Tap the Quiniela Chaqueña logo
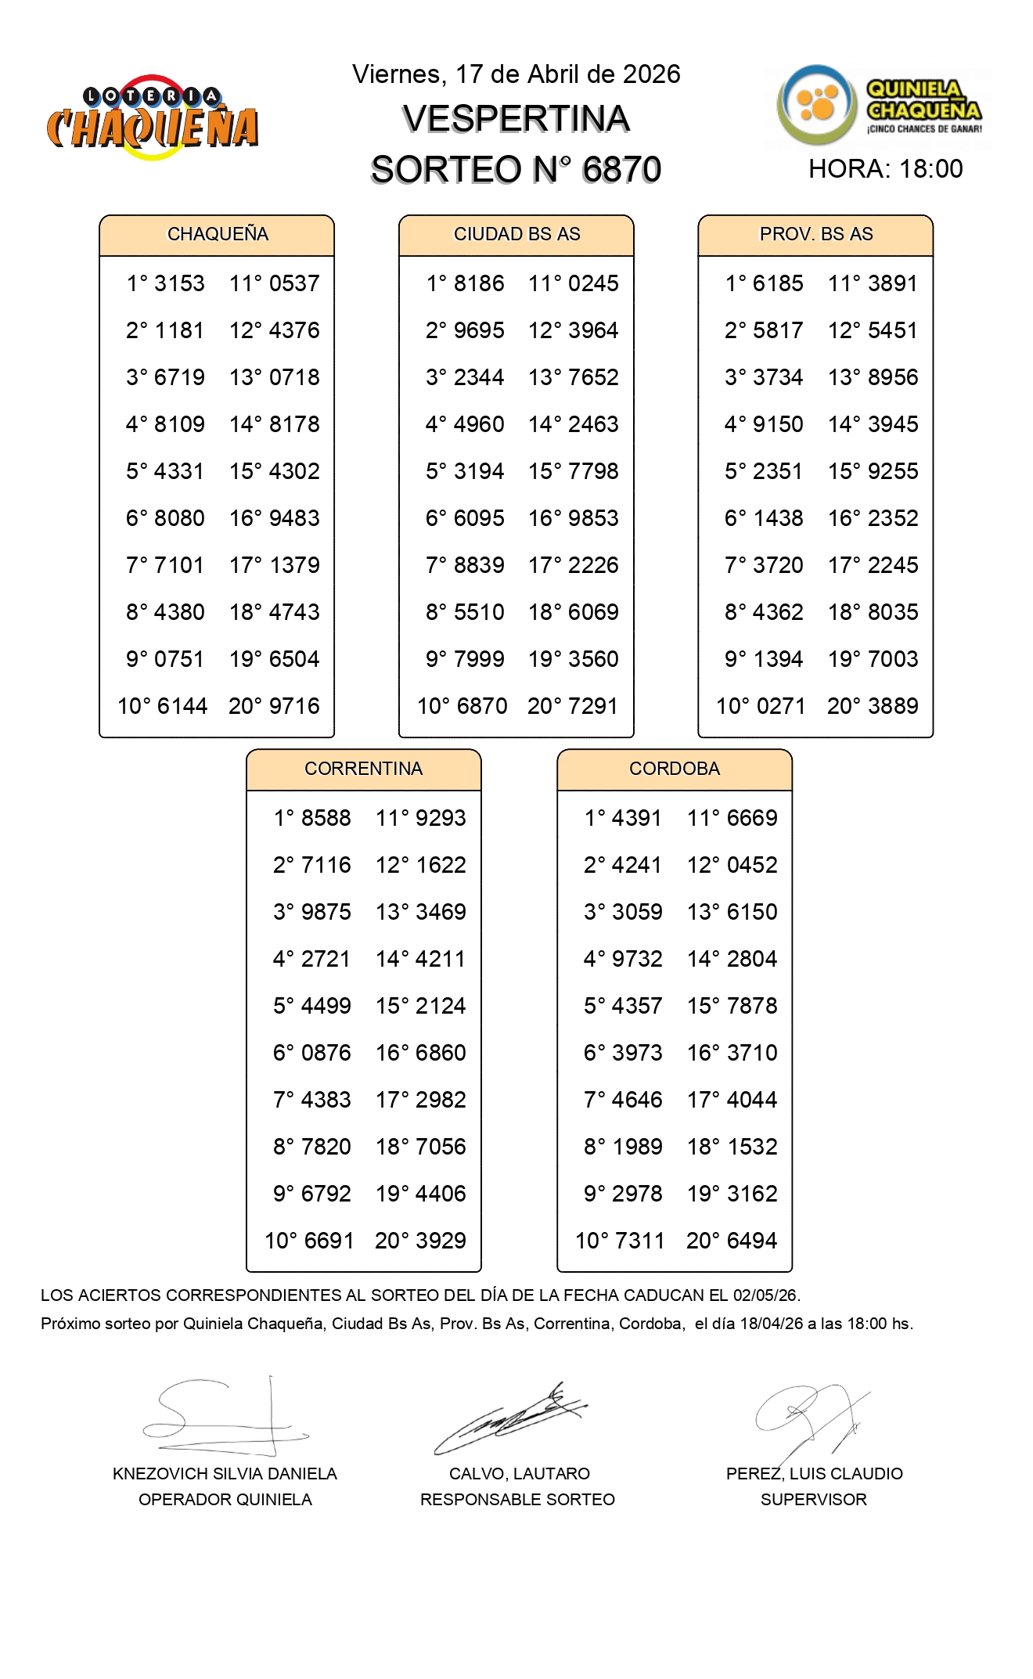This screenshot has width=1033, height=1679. click(x=879, y=106)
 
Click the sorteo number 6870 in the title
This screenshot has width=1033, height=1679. click(x=621, y=170)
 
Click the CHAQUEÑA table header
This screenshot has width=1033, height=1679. click(x=218, y=234)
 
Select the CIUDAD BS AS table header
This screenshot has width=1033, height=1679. click(x=516, y=234)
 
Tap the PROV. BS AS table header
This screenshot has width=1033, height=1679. click(x=815, y=234)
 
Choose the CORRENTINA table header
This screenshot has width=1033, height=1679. click(x=363, y=769)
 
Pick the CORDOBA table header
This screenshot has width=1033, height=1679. click(x=674, y=769)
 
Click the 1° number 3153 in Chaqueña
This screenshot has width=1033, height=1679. click(x=179, y=283)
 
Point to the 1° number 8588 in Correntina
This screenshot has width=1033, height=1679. click(x=326, y=818)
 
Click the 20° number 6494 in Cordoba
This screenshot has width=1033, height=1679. click(x=752, y=1241)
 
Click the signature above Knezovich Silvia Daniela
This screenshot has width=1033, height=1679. click(x=225, y=1418)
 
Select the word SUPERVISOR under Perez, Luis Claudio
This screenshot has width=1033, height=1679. click(x=813, y=1500)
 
